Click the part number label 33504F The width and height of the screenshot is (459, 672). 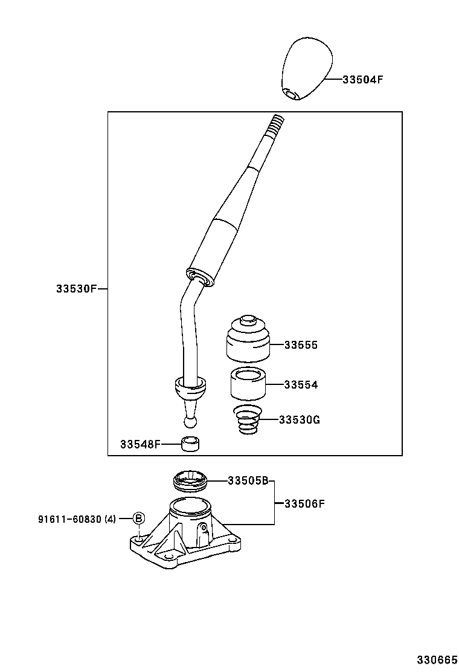click(363, 79)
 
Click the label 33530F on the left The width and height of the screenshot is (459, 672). click(76, 289)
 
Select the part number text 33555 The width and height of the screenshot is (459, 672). click(301, 345)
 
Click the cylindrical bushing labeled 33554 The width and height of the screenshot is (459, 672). click(248, 384)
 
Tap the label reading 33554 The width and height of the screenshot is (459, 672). click(301, 384)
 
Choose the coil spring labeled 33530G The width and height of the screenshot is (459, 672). click(246, 420)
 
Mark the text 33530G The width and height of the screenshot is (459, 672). click(299, 419)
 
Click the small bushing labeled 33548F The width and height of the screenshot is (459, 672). click(191, 445)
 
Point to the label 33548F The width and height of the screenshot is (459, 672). click(140, 445)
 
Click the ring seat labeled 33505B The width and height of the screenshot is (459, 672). click(190, 481)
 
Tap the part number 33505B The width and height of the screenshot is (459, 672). click(248, 481)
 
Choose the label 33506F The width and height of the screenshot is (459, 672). click(304, 503)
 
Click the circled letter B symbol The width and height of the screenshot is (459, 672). click(138, 519)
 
